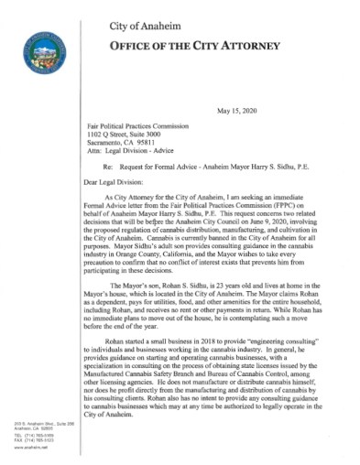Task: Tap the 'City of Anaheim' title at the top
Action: (184, 20)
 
